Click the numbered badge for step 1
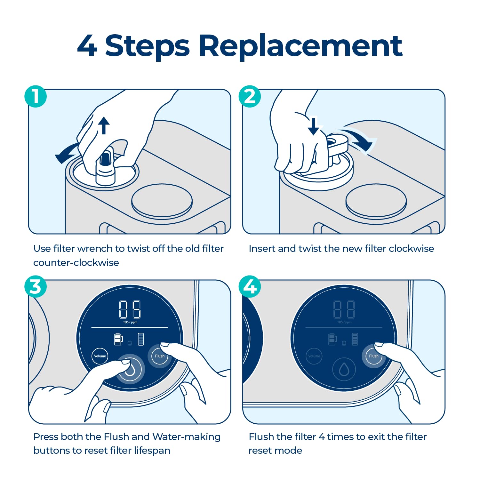(36, 96)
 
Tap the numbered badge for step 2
(250, 96)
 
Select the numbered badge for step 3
(36, 286)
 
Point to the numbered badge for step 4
(250, 286)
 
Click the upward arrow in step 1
(104, 125)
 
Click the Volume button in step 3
(100, 356)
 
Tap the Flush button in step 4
(373, 356)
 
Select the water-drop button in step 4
(344, 369)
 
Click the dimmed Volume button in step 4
(314, 356)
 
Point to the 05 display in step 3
(130, 309)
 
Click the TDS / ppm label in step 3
(130, 322)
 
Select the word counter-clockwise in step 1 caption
(76, 263)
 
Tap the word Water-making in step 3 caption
(187, 437)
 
